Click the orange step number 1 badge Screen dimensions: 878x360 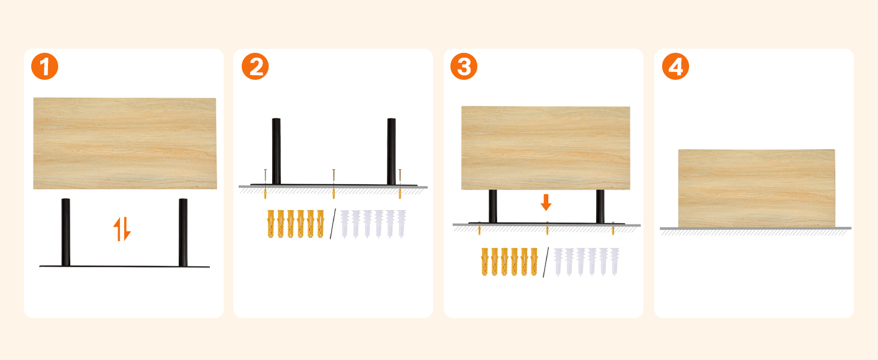click(x=45, y=66)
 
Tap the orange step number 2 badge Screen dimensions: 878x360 click(x=255, y=66)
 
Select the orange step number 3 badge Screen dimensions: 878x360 click(x=464, y=66)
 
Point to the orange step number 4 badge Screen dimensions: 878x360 click(x=675, y=66)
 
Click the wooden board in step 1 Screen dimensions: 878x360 click(x=125, y=143)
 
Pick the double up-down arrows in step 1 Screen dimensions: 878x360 click(x=122, y=229)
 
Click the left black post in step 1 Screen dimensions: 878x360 click(x=66, y=232)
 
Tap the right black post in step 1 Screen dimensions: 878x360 click(x=183, y=232)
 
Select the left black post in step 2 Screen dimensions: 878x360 click(x=276, y=151)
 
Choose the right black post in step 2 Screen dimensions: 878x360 click(x=391, y=151)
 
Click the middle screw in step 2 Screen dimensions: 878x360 click(x=333, y=184)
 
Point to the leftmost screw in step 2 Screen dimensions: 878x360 click(x=265, y=184)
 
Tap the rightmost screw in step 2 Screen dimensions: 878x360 click(x=400, y=184)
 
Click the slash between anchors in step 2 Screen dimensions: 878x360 click(x=333, y=224)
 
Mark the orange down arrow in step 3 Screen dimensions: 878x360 click(x=546, y=202)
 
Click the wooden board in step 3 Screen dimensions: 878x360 click(x=546, y=148)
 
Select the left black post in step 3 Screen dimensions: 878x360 click(x=493, y=206)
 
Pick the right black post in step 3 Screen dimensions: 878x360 click(x=600, y=206)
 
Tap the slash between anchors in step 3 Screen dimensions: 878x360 click(x=546, y=262)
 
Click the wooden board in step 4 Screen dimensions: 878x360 click(x=756, y=188)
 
